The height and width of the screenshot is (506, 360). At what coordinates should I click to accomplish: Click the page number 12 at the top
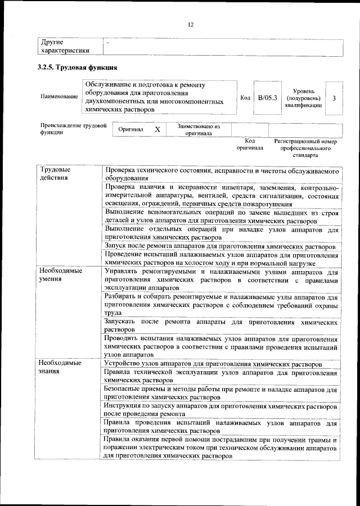coord(190,24)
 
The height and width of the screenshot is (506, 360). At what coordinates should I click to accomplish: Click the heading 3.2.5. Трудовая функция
coord(77,68)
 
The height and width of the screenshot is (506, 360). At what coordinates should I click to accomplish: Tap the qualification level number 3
coord(334,98)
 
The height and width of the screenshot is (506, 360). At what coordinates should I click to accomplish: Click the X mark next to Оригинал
coord(157,130)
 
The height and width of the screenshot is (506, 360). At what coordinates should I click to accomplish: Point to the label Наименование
coord(59,97)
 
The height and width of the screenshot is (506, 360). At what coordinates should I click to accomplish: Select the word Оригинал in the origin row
coord(130,130)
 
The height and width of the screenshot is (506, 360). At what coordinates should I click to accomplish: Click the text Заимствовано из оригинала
coord(199,130)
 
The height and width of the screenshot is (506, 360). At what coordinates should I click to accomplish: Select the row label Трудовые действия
coord(55,174)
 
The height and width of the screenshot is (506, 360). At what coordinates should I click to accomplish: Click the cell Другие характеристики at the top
coord(65,46)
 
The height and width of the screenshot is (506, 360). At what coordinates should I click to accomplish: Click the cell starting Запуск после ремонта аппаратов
coord(220,247)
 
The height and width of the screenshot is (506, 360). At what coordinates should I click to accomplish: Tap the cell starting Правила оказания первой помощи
coord(220,448)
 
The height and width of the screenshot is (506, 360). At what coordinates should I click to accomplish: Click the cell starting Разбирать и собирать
coord(220,305)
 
